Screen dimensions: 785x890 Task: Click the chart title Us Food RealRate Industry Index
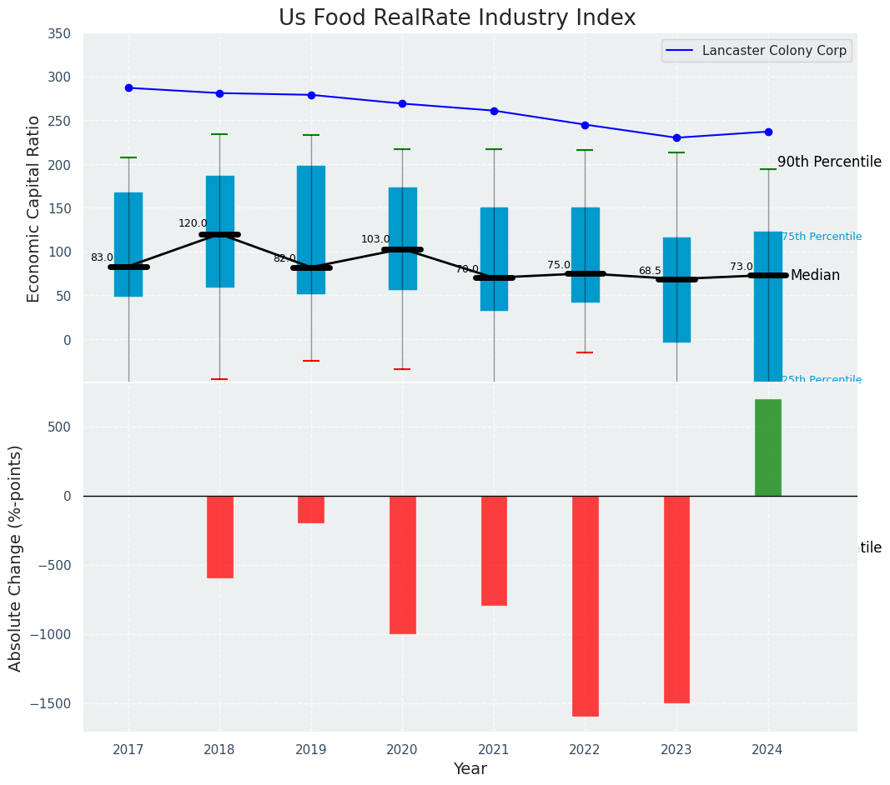[x=457, y=18]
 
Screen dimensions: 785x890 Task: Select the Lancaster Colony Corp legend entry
[x=774, y=51]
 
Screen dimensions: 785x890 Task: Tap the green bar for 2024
[x=767, y=447]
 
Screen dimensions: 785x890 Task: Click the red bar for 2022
[x=585, y=606]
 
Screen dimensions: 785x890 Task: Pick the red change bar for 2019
[x=311, y=509]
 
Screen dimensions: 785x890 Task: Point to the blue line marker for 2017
[x=128, y=87]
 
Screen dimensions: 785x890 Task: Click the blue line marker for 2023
[x=676, y=137]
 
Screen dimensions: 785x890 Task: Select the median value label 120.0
[x=193, y=223]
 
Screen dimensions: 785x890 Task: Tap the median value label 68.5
[x=650, y=271]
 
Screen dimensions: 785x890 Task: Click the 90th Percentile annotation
[x=829, y=162]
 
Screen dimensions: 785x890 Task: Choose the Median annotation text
[x=815, y=275]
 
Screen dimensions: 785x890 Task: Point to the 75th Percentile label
[x=822, y=237]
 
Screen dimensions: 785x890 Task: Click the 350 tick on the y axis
[x=60, y=33]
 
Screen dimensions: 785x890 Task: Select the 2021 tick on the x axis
[x=494, y=750]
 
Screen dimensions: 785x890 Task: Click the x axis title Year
[x=470, y=769]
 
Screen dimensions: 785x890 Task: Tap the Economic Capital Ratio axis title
[x=34, y=208]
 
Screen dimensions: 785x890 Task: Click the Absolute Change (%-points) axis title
[x=16, y=557]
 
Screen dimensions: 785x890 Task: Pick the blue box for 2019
[x=311, y=229]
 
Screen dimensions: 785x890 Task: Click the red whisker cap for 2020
[x=402, y=369]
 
